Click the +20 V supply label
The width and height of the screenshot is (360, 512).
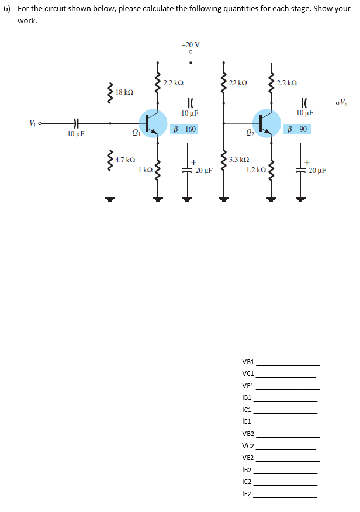(190, 45)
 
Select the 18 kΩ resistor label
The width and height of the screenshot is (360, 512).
(124, 92)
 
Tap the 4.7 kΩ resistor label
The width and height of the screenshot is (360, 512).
(125, 160)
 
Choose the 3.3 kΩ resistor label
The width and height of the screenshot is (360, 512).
(239, 159)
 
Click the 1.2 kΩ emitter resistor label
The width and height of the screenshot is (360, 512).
(257, 170)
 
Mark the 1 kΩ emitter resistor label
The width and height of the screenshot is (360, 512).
(146, 170)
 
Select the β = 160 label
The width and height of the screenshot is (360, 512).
(184, 129)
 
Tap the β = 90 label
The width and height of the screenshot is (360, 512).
(296, 129)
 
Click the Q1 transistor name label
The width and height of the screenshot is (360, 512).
(137, 133)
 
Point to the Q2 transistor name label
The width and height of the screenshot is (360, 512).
(250, 133)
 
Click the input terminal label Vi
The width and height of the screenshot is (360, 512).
(33, 123)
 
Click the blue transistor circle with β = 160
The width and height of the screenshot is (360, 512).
(153, 123)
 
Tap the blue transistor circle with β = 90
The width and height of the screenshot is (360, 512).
(266, 123)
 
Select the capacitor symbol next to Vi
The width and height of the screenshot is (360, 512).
(76, 123)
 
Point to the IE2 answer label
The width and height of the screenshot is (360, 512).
(247, 494)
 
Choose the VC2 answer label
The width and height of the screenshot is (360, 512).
(248, 446)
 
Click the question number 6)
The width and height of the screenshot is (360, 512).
(8, 9)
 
